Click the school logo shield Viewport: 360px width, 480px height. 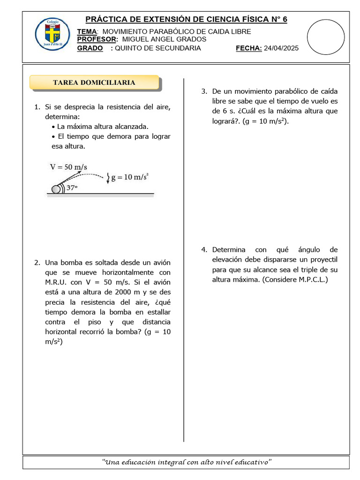coord(52,35)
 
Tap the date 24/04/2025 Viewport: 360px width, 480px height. coord(281,48)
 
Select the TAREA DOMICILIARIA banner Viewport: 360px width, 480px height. coord(94,82)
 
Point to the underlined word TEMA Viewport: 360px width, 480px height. coord(86,31)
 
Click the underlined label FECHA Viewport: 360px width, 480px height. coord(248,48)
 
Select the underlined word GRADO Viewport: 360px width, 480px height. coord(90,48)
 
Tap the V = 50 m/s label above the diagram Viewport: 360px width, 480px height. coord(68,167)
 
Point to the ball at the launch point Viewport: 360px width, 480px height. coord(56,189)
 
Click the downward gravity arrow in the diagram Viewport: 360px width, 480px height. coord(108,178)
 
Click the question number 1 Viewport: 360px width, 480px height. coord(37,107)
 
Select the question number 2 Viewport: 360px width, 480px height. coord(37,262)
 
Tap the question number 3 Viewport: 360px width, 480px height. coord(204,91)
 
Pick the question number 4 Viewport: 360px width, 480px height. coord(204,250)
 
